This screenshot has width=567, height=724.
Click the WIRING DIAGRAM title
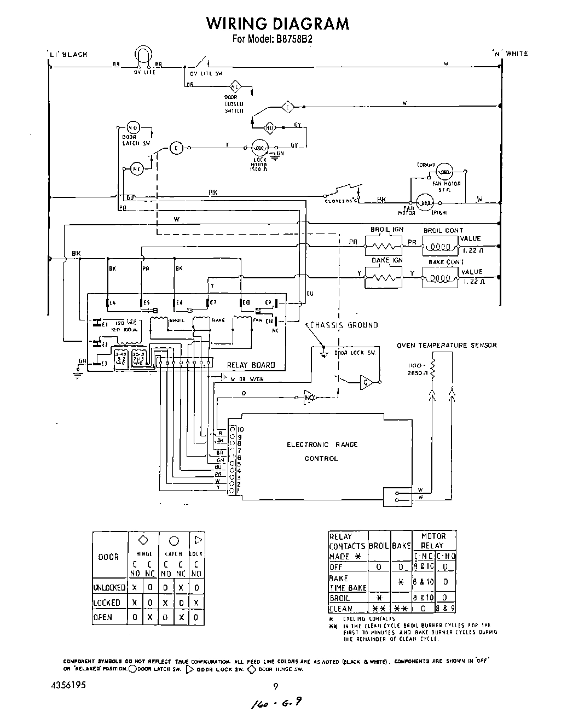[x=277, y=24]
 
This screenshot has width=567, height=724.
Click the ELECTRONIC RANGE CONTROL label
[x=322, y=451]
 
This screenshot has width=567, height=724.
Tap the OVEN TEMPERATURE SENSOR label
[x=447, y=345]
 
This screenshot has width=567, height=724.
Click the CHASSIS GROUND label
[x=344, y=325]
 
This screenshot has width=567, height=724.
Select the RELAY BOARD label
[x=251, y=365]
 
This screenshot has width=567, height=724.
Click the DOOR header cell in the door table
[x=108, y=557]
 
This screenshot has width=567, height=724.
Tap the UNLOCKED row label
[x=109, y=588]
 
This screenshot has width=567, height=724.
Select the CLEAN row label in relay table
[x=340, y=609]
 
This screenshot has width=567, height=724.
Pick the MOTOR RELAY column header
[x=433, y=541]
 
